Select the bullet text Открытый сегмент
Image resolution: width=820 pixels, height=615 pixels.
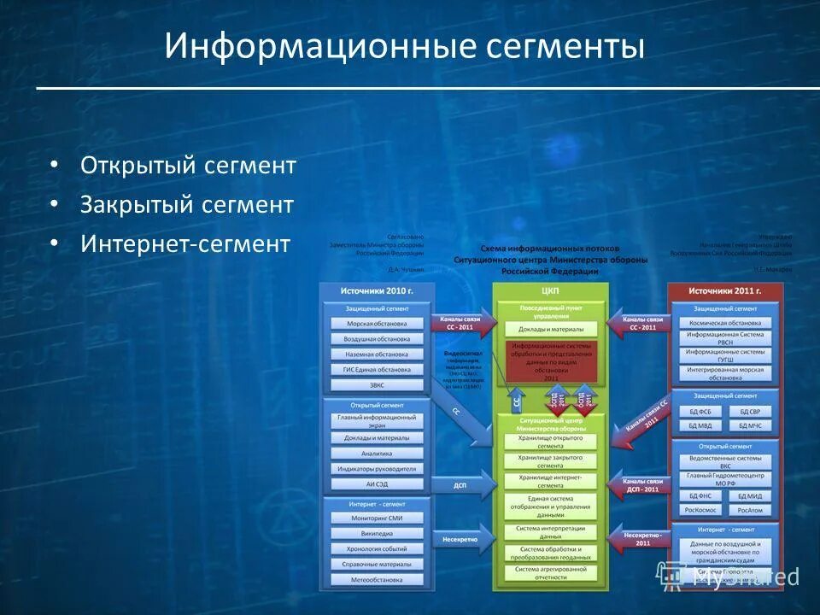(x=188, y=165)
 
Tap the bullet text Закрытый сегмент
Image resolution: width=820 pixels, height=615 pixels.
(x=187, y=205)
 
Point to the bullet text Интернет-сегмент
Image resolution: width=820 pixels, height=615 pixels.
(x=185, y=244)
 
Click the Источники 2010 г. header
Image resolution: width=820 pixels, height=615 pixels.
(x=376, y=291)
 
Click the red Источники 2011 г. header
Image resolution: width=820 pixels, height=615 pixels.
(x=724, y=291)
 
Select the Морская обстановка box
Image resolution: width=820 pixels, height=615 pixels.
(x=376, y=324)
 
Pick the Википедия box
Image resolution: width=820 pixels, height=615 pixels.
(x=376, y=533)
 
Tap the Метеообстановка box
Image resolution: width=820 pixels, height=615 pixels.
(x=376, y=579)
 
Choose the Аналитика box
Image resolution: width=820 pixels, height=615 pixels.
(x=376, y=454)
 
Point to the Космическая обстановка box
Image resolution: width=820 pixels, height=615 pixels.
(x=724, y=323)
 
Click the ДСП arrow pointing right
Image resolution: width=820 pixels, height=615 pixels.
(x=463, y=485)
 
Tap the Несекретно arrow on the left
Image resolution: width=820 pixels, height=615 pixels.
(x=463, y=540)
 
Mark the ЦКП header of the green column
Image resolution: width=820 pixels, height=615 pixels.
(x=550, y=291)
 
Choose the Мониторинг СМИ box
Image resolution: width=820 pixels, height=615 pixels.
(x=376, y=518)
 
